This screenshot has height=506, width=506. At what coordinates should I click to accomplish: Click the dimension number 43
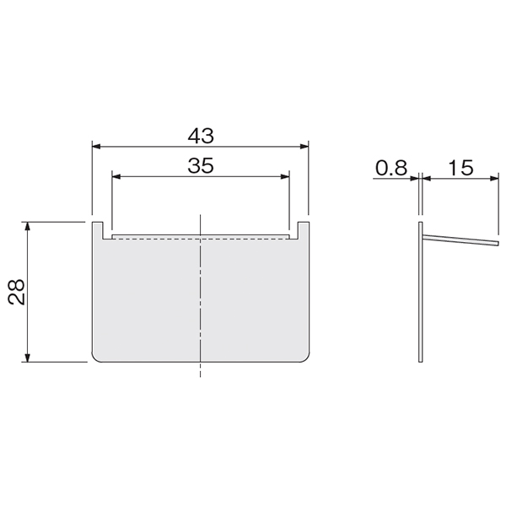click(201, 136)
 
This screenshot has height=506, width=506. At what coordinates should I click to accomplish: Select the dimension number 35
click(201, 165)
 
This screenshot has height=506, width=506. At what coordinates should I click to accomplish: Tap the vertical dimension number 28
click(17, 292)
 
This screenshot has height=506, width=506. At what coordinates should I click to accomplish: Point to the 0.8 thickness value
click(391, 168)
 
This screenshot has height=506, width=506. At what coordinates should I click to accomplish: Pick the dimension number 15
click(460, 168)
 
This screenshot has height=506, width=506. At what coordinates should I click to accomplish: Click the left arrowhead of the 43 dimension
click(97, 147)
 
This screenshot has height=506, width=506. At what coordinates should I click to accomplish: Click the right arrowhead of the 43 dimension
click(304, 147)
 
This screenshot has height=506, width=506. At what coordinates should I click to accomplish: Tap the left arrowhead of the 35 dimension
click(116, 176)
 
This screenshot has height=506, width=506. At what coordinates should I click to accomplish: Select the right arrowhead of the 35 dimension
click(285, 176)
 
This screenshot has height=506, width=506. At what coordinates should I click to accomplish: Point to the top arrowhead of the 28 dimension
click(28, 227)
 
